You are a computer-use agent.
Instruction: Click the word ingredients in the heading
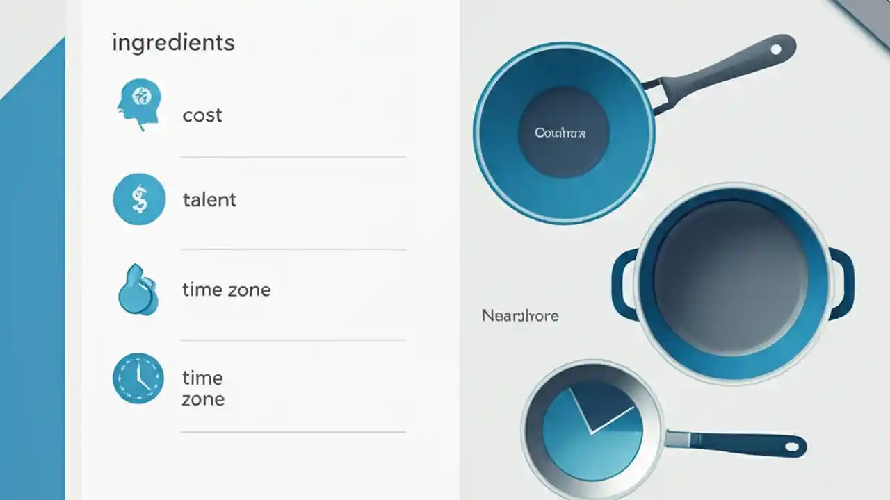pos(173,43)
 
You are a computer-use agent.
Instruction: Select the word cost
pos(202,115)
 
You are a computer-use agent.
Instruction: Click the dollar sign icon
pos(139,200)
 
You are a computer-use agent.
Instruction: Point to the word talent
pos(209,200)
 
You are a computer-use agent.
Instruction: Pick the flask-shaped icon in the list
pos(138,290)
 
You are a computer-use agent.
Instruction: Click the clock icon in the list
pos(138,378)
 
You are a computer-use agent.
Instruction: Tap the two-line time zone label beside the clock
pos(203,388)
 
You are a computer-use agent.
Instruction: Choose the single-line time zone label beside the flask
pos(226,290)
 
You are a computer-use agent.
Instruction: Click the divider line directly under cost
pos(293,158)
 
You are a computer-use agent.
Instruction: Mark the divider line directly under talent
pos(293,249)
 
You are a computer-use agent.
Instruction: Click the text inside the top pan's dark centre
pos(560,133)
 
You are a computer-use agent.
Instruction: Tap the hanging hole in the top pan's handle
pos(775,49)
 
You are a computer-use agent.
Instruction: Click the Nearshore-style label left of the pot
pos(520,316)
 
